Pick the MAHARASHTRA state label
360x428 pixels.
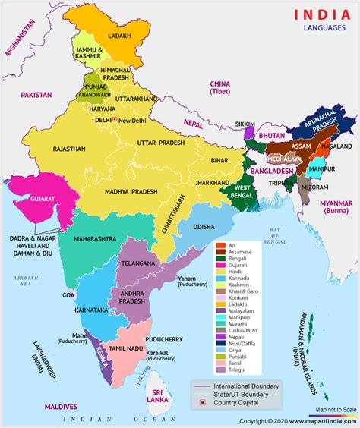coord(95,238)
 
